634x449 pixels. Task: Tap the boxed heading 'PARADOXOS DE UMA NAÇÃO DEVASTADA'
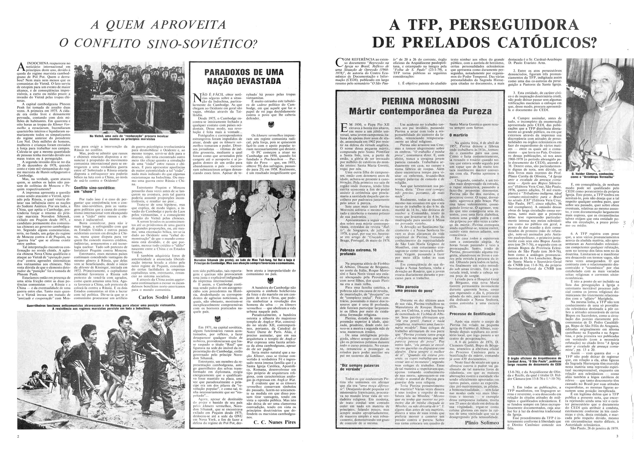pyautogui.click(x=244, y=77)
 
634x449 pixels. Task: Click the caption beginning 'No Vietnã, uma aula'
pyautogui.click(x=128, y=138)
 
